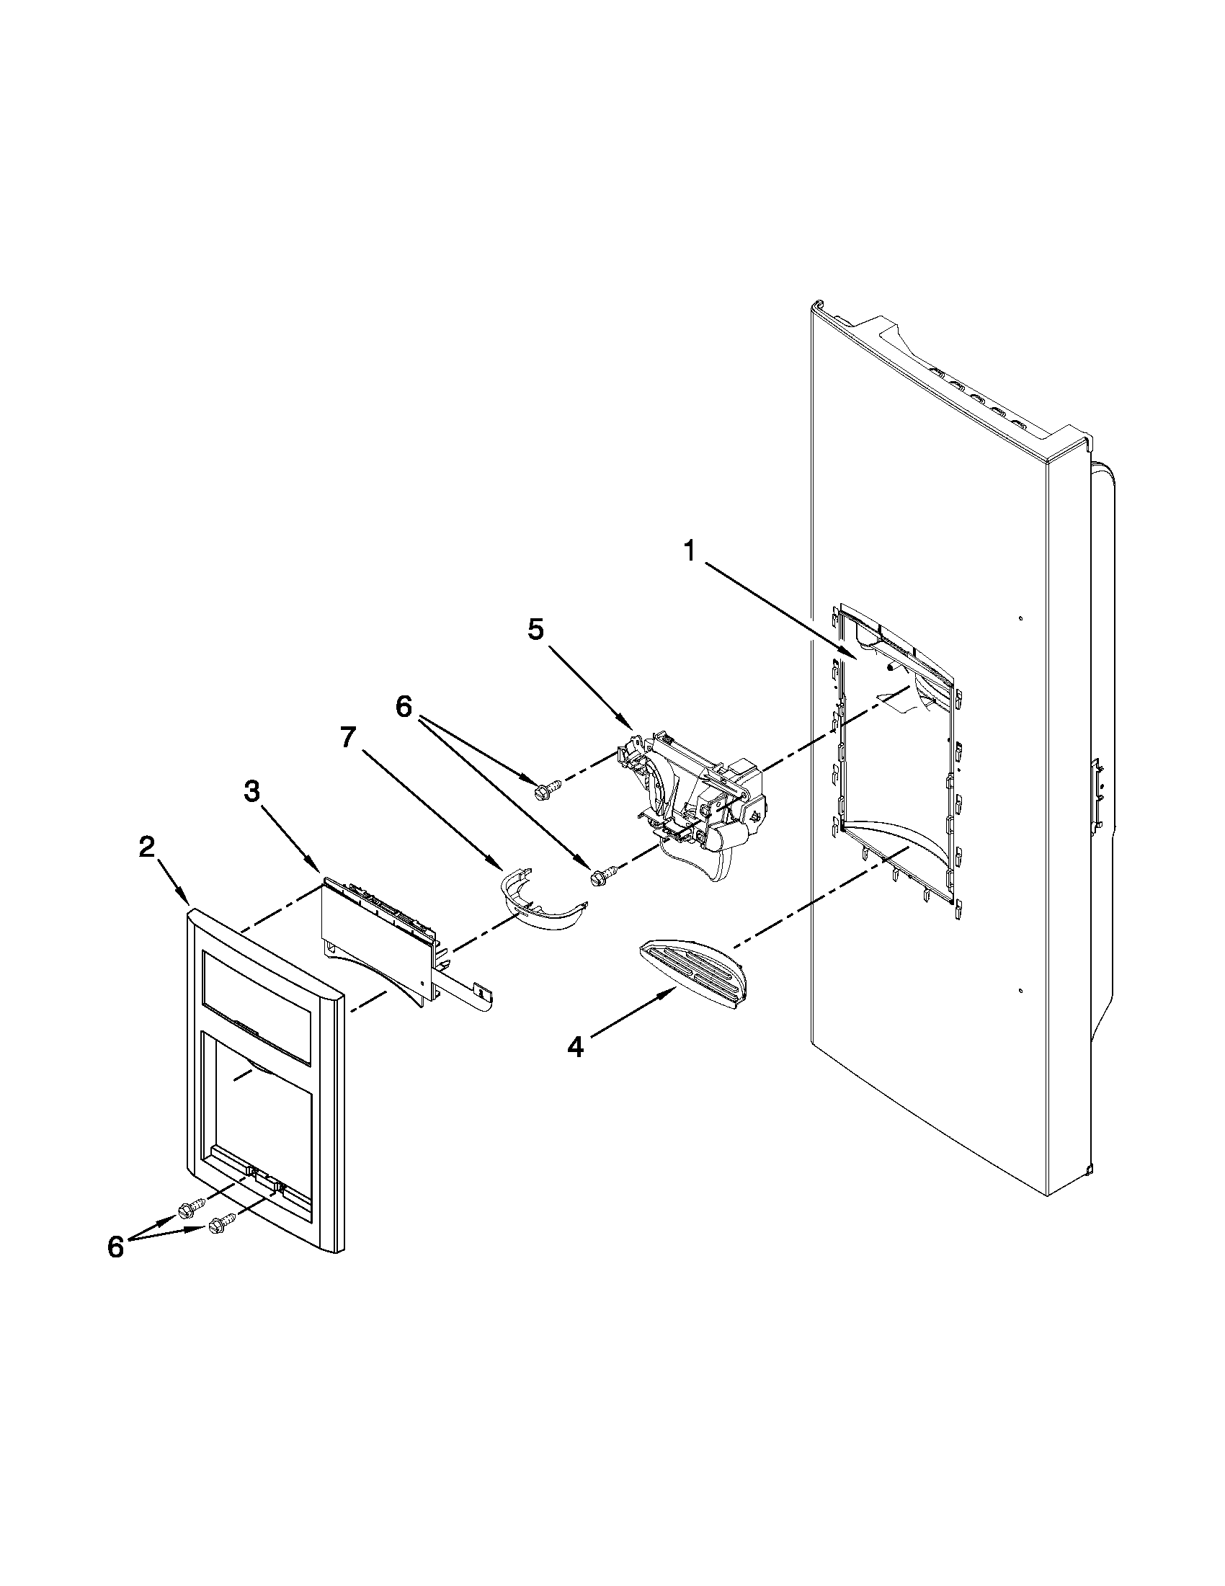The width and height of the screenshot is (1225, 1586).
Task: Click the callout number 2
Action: (x=147, y=847)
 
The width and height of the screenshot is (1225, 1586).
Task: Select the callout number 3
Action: (x=251, y=791)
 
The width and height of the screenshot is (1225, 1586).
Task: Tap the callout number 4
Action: (x=574, y=1047)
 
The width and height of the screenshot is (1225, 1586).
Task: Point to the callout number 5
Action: (x=535, y=630)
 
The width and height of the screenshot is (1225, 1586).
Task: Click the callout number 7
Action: (x=348, y=737)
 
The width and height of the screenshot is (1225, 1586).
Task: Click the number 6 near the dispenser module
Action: (x=403, y=706)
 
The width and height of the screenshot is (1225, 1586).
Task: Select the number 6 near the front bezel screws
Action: (x=115, y=1247)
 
